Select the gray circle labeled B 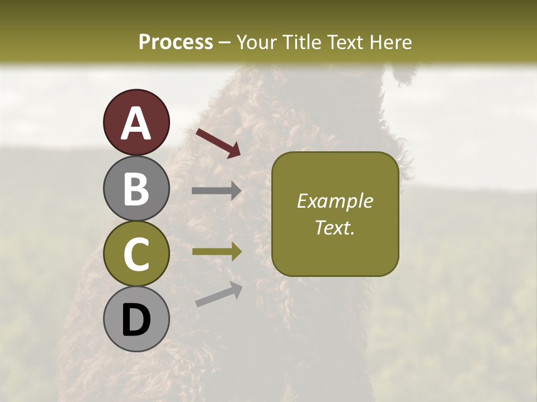[136, 188]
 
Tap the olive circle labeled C [136, 254]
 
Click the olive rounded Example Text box [335, 214]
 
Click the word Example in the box [335, 201]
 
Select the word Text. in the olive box [335, 227]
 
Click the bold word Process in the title [176, 42]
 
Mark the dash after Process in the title [224, 42]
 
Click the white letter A [136, 123]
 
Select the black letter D [136, 320]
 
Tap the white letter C [136, 254]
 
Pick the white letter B [136, 188]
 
